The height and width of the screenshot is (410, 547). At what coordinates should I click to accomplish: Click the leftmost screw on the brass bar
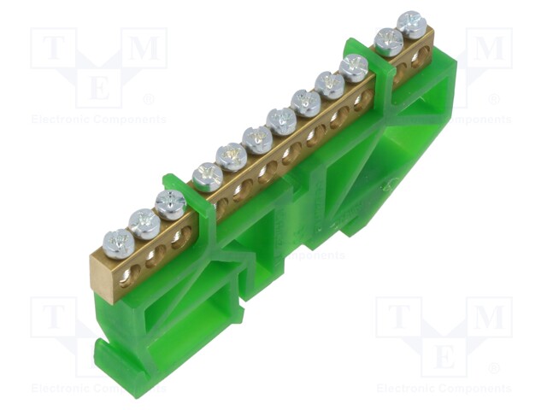118,243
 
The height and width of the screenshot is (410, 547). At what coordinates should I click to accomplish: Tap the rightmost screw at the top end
412,24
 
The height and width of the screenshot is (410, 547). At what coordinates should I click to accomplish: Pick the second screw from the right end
389,41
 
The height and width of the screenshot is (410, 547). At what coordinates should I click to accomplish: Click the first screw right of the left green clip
208,177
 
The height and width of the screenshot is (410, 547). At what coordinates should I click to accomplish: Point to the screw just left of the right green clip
354,67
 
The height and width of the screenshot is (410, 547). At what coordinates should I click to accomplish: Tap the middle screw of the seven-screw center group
281,120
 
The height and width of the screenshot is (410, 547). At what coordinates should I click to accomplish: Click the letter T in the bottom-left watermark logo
55,317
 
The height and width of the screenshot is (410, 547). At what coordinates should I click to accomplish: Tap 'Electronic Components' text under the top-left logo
98,120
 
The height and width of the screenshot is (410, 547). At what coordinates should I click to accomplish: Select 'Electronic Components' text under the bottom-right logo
444,388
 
